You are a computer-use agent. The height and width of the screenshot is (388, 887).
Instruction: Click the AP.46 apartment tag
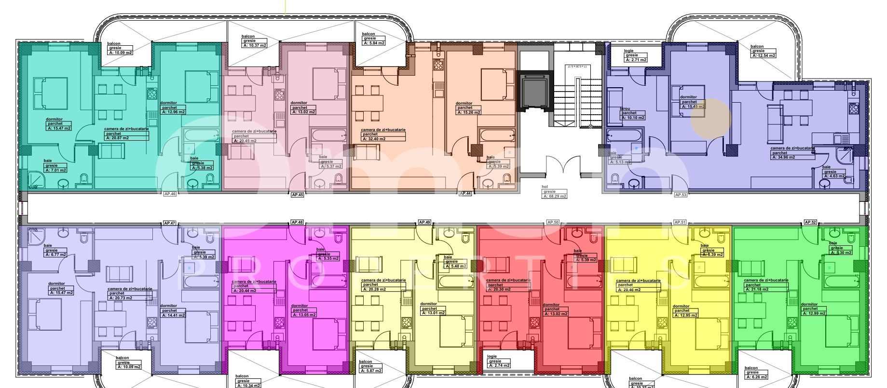click(x=170, y=194)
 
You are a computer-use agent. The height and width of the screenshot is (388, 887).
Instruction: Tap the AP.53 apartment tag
click(x=680, y=195)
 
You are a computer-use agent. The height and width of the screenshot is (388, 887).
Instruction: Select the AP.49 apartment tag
click(x=424, y=222)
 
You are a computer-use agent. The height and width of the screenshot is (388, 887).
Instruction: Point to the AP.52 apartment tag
click(x=810, y=222)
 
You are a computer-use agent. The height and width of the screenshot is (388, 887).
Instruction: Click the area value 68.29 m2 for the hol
click(x=554, y=196)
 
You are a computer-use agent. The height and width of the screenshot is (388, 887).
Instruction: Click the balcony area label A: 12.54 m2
click(x=764, y=55)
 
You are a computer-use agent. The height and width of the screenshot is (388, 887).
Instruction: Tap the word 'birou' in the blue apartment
click(x=625, y=109)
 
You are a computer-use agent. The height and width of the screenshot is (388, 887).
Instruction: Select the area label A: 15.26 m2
click(x=468, y=112)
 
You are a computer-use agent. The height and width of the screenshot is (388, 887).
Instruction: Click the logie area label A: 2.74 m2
click(x=499, y=365)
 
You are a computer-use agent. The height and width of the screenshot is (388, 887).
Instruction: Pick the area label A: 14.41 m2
click(x=172, y=315)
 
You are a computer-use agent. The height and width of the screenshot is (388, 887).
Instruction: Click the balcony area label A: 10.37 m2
click(x=254, y=45)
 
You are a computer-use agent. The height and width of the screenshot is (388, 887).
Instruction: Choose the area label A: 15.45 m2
click(x=693, y=107)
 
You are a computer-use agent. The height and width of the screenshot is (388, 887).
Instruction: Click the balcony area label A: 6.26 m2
click(x=756, y=377)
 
